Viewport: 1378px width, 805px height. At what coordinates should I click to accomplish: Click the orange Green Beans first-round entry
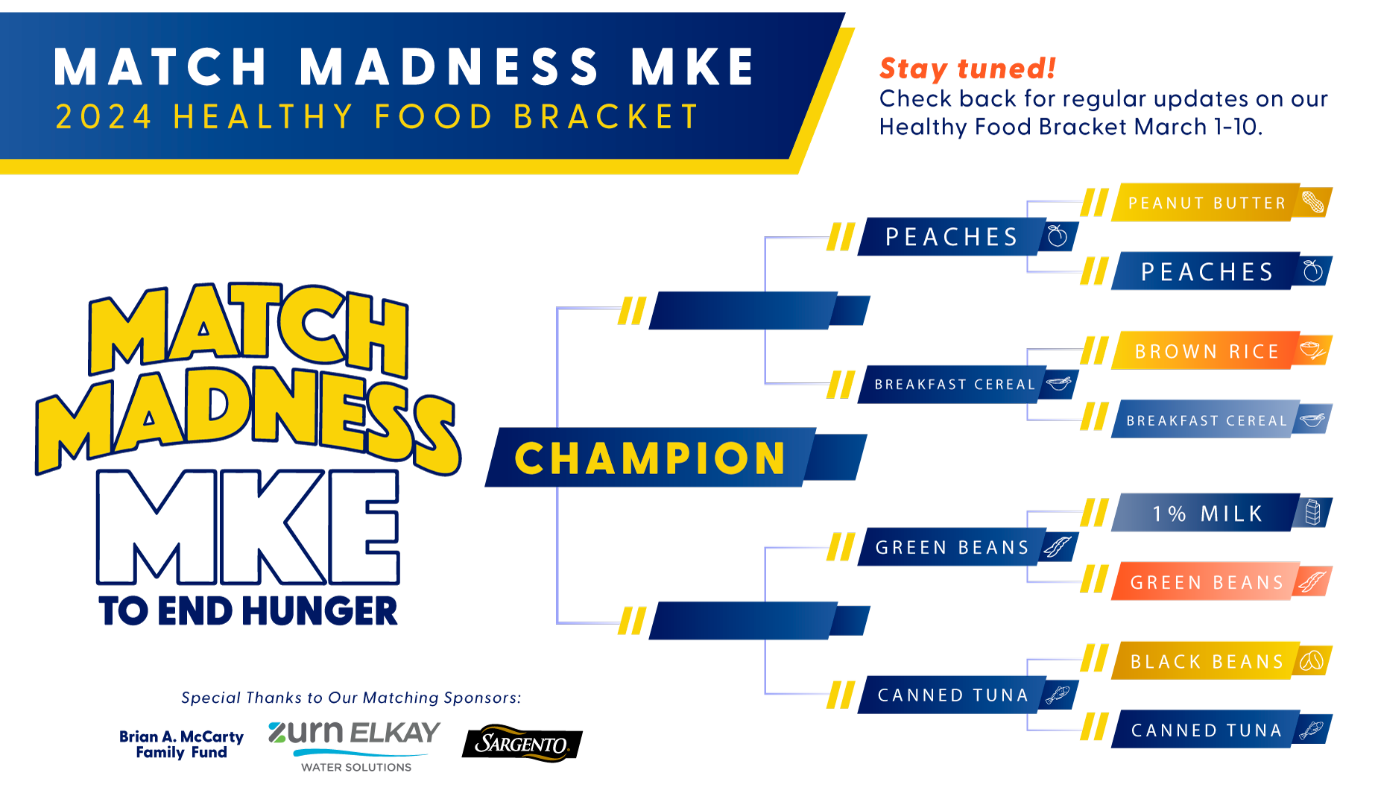tap(1221, 581)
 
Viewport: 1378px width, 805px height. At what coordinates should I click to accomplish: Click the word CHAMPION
tap(651, 458)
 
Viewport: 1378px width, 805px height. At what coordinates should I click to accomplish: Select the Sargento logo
tap(522, 743)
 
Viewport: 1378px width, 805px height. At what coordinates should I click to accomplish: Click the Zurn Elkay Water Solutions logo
tap(355, 745)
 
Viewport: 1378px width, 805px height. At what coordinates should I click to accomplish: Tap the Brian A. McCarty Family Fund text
tap(181, 745)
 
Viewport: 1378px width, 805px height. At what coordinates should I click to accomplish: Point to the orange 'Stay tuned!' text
tap(967, 69)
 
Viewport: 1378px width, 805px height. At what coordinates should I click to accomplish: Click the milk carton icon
tap(1313, 512)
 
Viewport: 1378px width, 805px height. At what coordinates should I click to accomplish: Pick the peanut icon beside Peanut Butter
tap(1313, 201)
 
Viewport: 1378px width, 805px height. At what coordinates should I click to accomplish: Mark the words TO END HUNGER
tap(248, 611)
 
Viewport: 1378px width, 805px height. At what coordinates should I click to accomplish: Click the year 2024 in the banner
tap(104, 117)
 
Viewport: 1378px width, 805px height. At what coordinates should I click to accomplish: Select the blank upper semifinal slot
tap(759, 311)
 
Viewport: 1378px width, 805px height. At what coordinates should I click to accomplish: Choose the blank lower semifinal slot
tap(759, 621)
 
